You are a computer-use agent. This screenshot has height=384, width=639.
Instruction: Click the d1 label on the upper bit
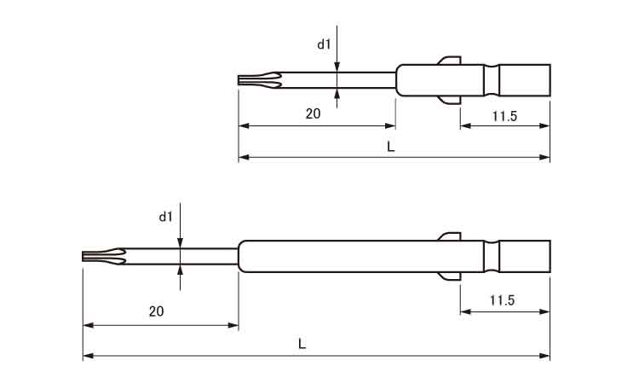(324, 44)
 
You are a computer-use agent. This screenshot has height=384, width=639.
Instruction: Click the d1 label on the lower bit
(165, 217)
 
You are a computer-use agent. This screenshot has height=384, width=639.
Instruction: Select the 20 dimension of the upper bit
(313, 113)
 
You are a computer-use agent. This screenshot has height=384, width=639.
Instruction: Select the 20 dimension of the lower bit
(156, 311)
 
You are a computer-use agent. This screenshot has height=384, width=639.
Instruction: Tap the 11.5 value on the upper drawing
(504, 116)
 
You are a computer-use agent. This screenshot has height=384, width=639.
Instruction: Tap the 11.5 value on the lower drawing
(503, 300)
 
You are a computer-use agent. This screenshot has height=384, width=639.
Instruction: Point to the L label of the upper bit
(391, 147)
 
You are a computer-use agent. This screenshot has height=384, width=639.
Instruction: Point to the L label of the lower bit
(302, 344)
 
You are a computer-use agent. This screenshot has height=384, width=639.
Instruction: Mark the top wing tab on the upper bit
(450, 61)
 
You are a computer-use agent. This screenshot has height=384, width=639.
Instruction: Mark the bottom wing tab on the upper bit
(450, 100)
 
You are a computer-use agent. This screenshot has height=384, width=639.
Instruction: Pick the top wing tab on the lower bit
(450, 236)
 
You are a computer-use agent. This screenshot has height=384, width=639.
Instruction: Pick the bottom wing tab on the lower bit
(450, 276)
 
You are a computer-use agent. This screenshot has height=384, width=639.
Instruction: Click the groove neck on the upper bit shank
(492, 80)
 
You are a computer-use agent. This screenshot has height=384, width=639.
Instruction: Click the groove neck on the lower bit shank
(492, 256)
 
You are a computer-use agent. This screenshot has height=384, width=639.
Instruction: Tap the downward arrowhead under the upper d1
(337, 67)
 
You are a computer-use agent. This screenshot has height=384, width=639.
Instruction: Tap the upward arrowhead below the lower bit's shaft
(180, 270)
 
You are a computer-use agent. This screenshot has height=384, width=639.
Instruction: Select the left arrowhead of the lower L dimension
(88, 356)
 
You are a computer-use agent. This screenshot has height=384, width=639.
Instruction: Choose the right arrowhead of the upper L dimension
(544, 157)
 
